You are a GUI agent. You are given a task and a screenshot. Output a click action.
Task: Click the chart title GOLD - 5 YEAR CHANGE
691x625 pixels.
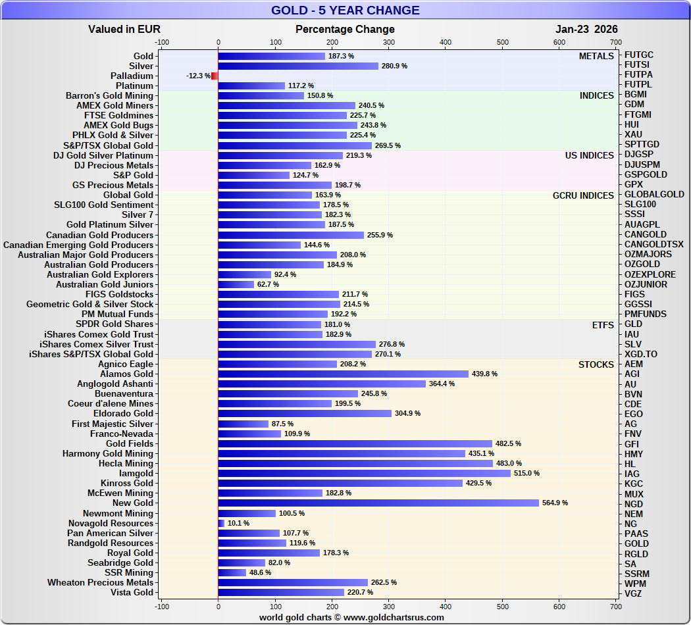pos(345,11)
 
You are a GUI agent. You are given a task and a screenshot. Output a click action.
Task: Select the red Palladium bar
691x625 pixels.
pos(215,76)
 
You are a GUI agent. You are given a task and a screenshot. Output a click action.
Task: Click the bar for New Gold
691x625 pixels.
pos(378,503)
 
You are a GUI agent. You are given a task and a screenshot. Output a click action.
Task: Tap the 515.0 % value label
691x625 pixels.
pos(526,473)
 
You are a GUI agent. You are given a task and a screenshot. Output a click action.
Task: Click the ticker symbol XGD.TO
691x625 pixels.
pos(640,354)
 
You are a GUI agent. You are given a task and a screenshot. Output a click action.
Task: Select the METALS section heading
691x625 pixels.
pos(596,56)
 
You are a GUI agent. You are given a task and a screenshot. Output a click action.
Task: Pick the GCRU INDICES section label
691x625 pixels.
pos(583,195)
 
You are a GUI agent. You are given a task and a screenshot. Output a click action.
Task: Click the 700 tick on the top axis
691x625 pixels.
pos(616,42)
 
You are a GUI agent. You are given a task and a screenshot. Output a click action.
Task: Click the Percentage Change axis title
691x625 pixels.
pos(345,29)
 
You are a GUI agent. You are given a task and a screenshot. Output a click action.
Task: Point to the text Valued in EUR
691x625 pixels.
pos(124,29)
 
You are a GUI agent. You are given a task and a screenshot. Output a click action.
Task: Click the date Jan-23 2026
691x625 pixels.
pos(586,29)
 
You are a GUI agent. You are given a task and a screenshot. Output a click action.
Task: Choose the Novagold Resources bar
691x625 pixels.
pos(221,523)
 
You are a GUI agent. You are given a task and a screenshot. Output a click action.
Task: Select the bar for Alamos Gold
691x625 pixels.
pos(343,374)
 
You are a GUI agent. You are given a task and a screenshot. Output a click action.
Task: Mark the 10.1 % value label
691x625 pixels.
pos(238,523)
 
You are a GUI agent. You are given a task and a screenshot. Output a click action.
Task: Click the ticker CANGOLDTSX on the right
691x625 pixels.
pos(653,245)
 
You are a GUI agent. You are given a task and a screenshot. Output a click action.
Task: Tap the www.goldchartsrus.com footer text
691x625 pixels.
pos(393,617)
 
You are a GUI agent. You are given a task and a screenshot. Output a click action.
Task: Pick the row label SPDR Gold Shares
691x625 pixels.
pos(115,324)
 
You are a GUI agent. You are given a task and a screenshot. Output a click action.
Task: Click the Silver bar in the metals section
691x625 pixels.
pos(298,66)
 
